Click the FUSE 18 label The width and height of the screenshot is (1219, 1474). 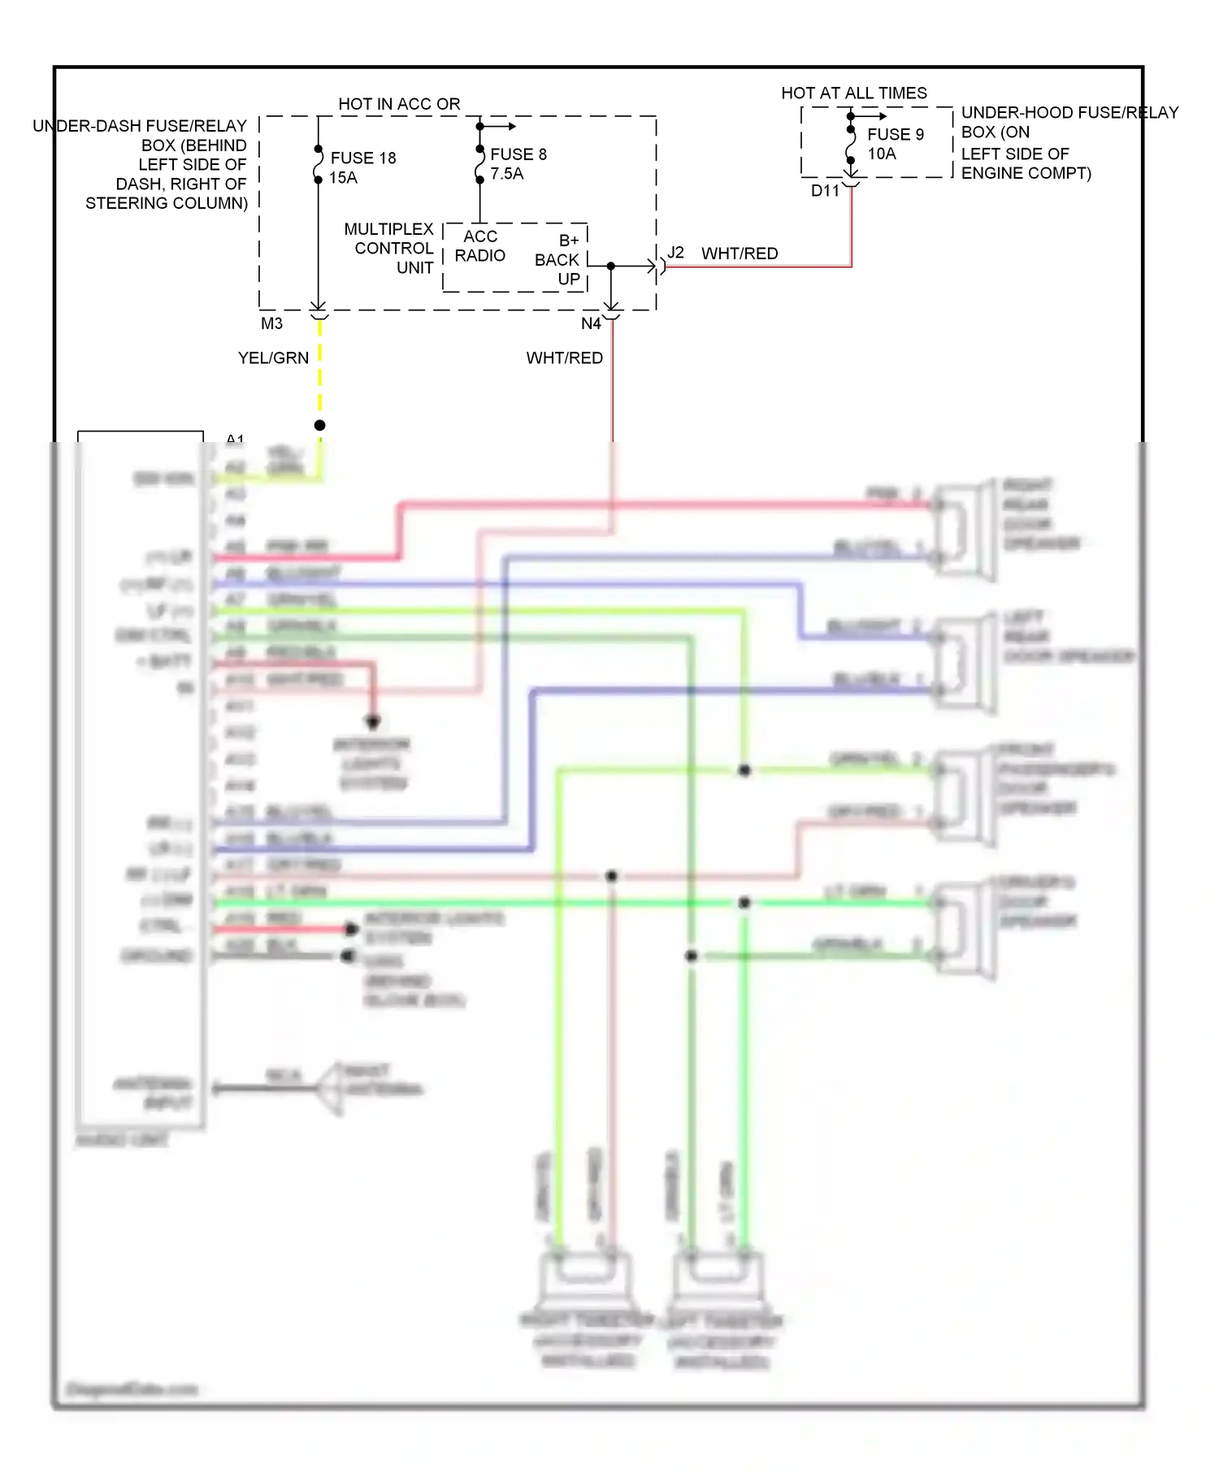[x=362, y=158]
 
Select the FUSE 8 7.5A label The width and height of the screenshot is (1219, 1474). [x=518, y=163]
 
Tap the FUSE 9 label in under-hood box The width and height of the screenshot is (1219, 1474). [x=895, y=134]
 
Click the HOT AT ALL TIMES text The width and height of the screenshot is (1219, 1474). [x=853, y=93]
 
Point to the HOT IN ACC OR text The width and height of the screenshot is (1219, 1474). [x=399, y=104]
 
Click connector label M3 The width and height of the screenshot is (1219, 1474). [x=271, y=323]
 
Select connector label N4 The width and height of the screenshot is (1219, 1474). [x=591, y=323]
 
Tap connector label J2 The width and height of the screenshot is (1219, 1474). [x=675, y=253]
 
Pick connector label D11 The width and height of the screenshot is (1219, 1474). [x=825, y=191]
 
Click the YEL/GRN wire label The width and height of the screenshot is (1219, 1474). [x=273, y=358]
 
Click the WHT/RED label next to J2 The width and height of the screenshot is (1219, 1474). [x=740, y=254]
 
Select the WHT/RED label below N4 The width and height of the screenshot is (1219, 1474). [x=564, y=358]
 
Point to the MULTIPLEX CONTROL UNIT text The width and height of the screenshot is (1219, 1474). [x=390, y=248]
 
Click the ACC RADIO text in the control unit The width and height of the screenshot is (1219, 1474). [x=479, y=246]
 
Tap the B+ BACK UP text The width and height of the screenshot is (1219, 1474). [x=559, y=259]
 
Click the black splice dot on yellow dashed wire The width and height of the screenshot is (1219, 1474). [x=319, y=425]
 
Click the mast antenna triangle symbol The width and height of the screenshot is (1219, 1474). [x=331, y=1088]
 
